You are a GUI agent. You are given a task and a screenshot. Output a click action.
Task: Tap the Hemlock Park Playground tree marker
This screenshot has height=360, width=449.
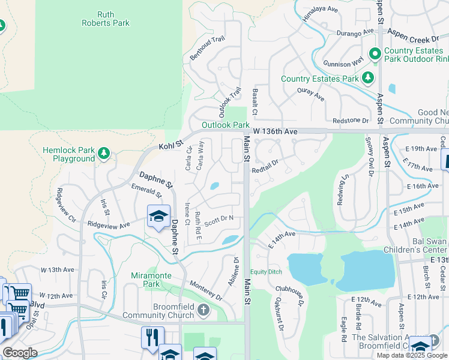pos(104,154)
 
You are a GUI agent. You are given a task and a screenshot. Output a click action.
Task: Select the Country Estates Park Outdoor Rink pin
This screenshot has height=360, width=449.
pos(375,55)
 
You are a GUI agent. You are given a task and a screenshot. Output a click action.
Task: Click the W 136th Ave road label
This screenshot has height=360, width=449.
pos(275,131)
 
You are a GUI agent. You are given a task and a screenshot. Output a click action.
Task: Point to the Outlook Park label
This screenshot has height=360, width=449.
pos(225,125)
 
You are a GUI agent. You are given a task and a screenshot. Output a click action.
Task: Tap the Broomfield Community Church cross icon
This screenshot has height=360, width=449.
pos(203,310)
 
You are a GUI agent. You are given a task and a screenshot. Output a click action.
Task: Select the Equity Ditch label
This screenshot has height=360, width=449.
pos(266,272)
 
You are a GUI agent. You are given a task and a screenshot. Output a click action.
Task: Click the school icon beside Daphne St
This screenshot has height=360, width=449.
pos(158,217)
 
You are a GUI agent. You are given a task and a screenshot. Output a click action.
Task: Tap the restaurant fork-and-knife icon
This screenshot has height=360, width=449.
pos(152,337)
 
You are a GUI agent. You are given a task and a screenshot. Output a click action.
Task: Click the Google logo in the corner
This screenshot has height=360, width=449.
pos(20,352)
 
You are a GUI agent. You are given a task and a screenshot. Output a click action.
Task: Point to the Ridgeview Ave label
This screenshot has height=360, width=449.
pos(108,225)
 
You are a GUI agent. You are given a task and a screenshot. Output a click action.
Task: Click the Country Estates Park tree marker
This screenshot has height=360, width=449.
pos(368,78)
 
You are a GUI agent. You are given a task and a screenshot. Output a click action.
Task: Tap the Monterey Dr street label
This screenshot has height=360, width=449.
pos(206,290)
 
